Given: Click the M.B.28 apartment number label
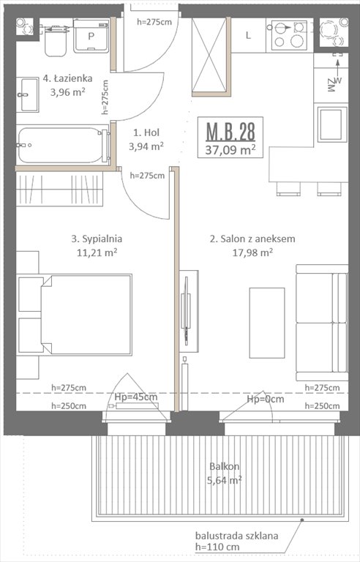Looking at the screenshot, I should coord(230,132).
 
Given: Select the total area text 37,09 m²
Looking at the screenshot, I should coord(230,150).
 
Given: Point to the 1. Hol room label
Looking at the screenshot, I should coord(146,132).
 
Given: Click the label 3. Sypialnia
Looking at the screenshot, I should coord(97,238).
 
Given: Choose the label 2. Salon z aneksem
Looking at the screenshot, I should coord(241,239).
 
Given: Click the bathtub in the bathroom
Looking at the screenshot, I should coord(61,145).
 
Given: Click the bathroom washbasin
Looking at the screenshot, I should coord(28,95).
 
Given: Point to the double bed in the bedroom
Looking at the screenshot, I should coord(85,314).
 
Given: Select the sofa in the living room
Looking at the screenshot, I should coord(321,323).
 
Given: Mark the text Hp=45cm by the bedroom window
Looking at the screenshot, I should coord(136,397).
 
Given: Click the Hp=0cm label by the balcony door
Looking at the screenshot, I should coord(264,400).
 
